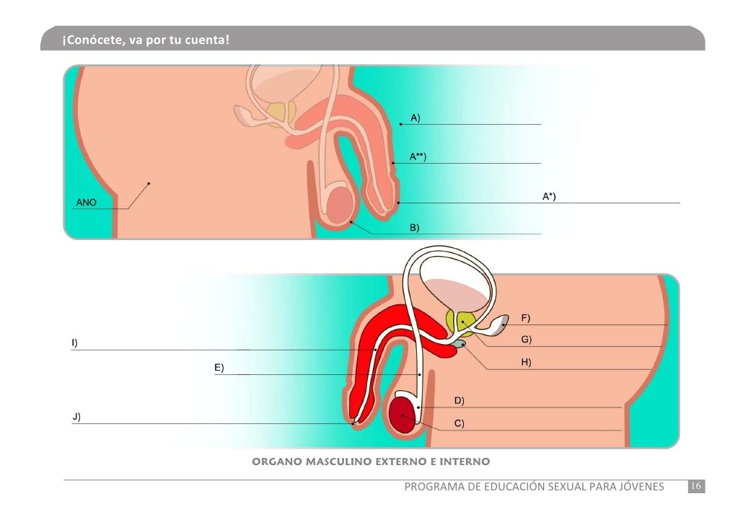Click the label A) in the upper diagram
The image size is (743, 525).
[416, 117]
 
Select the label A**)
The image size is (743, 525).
[418, 156]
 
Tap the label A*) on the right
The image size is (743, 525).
[549, 195]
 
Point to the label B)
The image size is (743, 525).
[415, 227]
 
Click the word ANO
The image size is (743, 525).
[86, 203]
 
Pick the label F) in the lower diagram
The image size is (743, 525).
[526, 317]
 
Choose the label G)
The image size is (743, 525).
[527, 339]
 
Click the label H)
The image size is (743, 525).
[526, 362]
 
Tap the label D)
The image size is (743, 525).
[459, 400]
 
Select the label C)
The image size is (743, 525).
[459, 423]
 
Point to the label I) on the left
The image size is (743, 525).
[74, 343]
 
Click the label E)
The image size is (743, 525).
[219, 368]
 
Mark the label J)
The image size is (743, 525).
[76, 416]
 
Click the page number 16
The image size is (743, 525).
[697, 487]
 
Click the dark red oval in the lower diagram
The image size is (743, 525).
[402, 417]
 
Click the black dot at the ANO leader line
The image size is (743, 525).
[148, 183]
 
